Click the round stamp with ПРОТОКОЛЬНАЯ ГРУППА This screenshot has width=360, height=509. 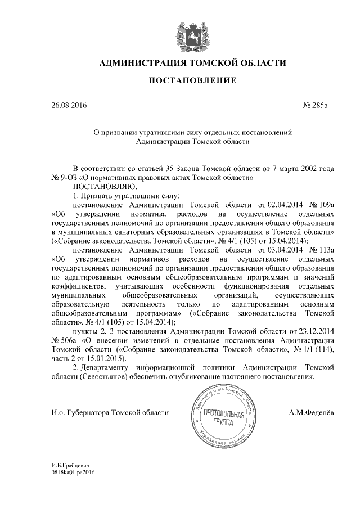(x=223, y=417)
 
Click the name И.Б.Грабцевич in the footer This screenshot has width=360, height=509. (x=71, y=467)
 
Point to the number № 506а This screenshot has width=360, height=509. (x=64, y=340)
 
